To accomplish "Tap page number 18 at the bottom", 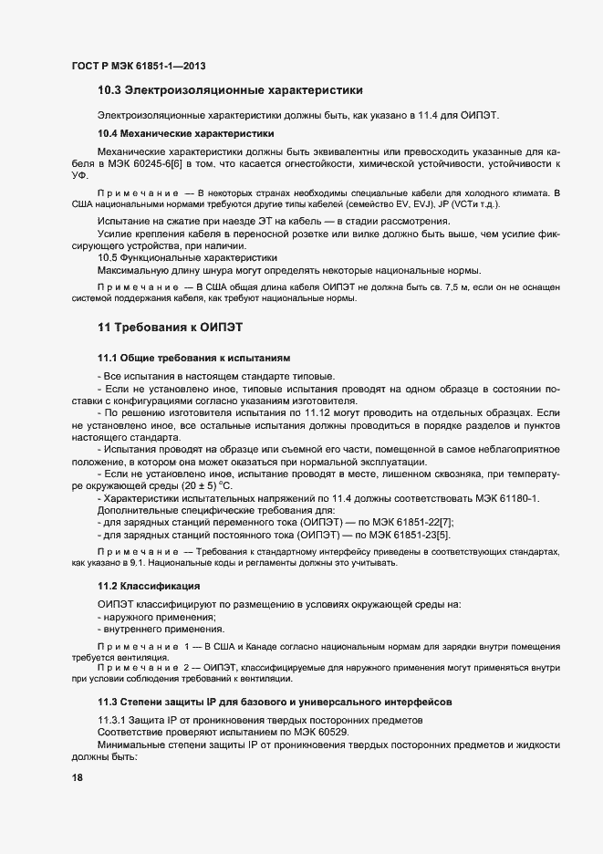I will pos(78,777).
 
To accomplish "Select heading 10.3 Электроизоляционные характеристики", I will pos(230,90).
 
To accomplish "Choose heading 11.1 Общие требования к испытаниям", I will pos(194,356).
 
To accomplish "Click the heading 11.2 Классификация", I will pos(149,585).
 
